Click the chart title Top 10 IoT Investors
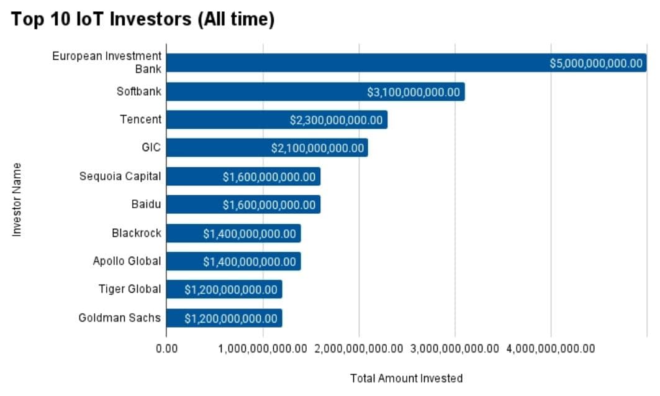point(142,19)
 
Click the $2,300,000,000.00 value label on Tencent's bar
point(336,120)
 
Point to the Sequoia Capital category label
point(120,176)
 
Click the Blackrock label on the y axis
point(136,233)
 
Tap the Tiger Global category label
point(129,289)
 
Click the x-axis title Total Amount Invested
point(406,378)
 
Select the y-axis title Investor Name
point(17,200)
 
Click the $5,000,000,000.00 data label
point(596,63)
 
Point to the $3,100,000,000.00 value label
point(414,92)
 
